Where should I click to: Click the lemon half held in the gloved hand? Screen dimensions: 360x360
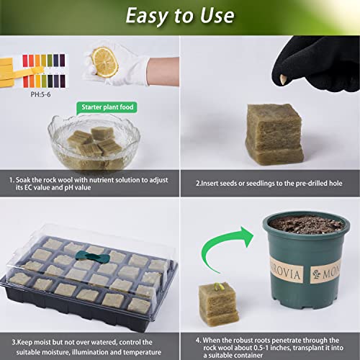(x=105, y=62)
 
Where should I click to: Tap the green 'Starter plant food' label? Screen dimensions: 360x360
(x=107, y=107)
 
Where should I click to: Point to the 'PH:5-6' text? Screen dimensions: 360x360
(x=40, y=94)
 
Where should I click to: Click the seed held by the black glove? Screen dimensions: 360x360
(x=283, y=79)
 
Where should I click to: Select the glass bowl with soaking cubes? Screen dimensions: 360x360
(x=94, y=142)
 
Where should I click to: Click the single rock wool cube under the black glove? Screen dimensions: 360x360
(x=274, y=134)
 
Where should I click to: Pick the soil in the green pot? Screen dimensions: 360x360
(x=306, y=225)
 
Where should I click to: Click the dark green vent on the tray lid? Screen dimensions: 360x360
(x=92, y=257)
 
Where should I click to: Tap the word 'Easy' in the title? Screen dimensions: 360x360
(x=147, y=16)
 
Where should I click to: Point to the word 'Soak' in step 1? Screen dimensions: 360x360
(x=23, y=180)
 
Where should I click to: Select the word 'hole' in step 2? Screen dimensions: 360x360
(x=336, y=184)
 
